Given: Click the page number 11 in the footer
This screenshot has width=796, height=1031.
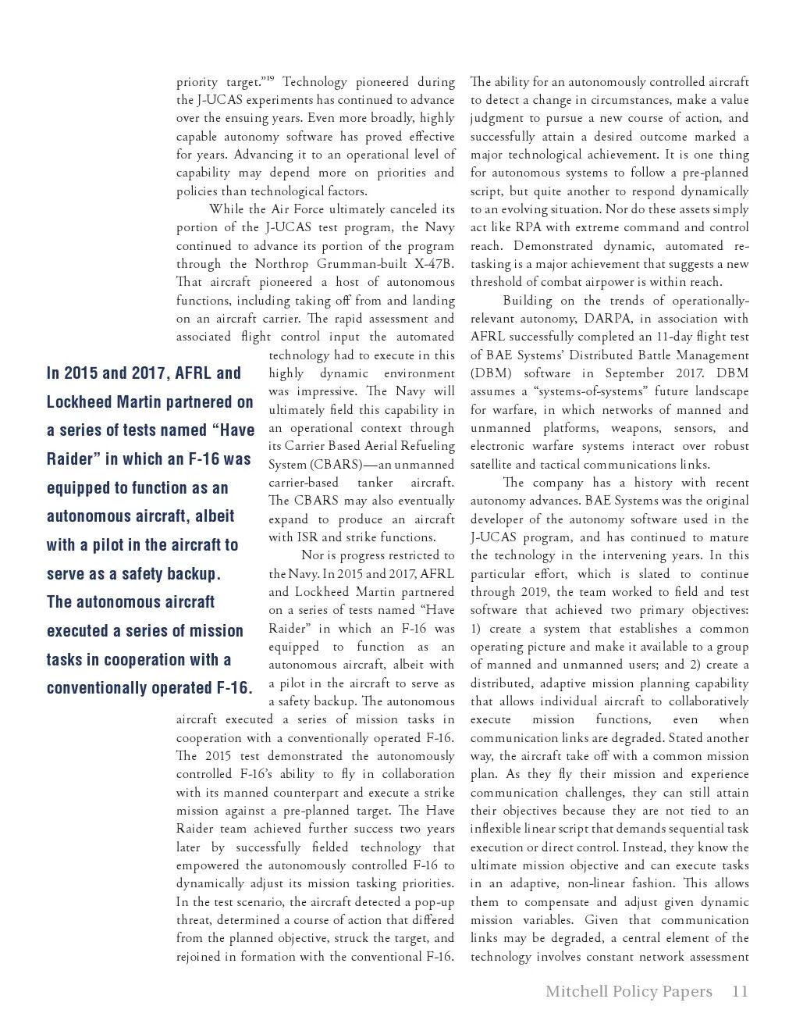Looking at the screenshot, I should click(740, 992).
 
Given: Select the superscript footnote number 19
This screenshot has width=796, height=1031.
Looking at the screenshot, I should click(269, 78).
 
